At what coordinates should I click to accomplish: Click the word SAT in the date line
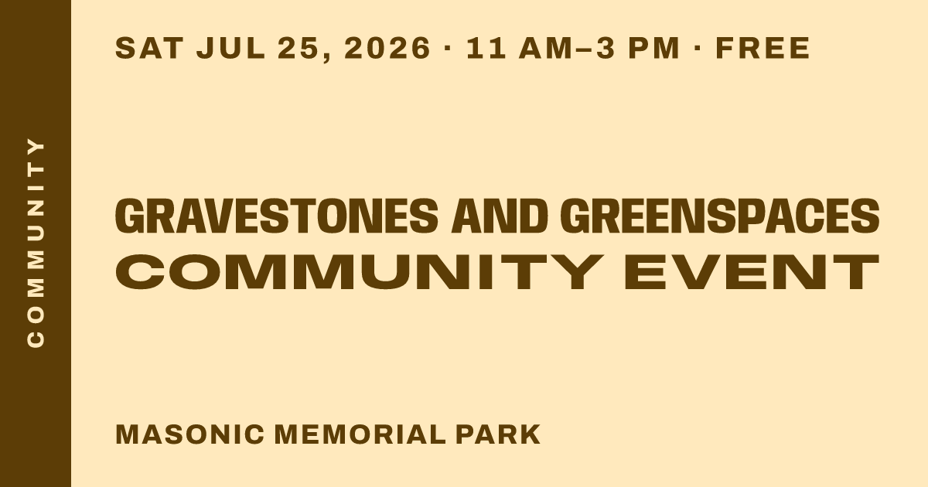point(149,48)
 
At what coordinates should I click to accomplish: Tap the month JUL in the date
point(231,48)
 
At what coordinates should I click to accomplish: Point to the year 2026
point(387,48)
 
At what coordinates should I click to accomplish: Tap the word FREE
point(763,48)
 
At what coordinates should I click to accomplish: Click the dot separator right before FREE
point(698,48)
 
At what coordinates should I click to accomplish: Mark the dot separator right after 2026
point(447,48)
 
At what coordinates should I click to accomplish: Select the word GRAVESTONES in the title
point(276,216)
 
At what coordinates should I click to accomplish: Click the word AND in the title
point(500,216)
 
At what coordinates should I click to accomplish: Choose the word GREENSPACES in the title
point(720,216)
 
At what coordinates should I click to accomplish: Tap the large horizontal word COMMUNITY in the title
point(359,271)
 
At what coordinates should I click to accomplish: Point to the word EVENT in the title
point(751,271)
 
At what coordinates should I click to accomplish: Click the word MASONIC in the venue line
point(189,434)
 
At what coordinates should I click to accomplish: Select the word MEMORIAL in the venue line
point(360,434)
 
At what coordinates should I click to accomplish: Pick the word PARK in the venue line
point(498,434)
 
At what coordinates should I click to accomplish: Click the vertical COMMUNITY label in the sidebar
point(36,242)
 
